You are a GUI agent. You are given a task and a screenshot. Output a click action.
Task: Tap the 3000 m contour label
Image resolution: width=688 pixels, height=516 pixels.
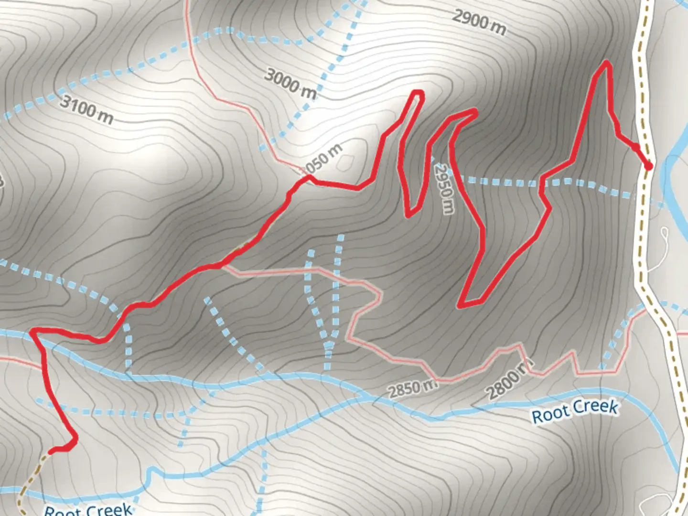(x=290, y=83)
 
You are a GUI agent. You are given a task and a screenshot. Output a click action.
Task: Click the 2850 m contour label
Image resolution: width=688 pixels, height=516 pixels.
(x=412, y=389)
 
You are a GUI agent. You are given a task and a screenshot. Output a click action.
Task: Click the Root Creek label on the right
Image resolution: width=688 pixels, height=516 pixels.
(x=575, y=411)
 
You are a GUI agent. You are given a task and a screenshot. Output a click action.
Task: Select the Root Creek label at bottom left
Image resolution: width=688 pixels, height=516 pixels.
(x=88, y=509)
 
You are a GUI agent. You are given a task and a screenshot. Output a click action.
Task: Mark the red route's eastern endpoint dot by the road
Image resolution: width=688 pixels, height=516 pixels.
(x=648, y=166)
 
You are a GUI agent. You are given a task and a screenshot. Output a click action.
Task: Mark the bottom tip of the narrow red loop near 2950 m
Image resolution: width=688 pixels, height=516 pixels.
(x=409, y=215)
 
